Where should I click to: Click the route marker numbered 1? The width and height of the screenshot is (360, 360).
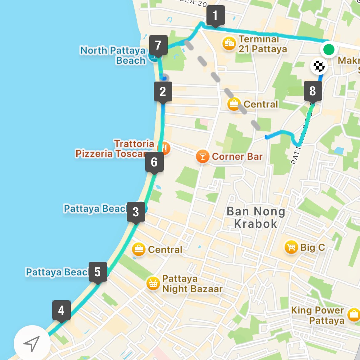tap(215, 15)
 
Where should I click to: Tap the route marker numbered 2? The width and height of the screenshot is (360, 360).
tap(163, 92)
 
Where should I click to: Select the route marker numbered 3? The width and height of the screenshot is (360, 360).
tap(136, 212)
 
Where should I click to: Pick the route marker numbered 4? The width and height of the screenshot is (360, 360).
tap(62, 310)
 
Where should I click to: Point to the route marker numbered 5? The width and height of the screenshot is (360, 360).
tap(98, 272)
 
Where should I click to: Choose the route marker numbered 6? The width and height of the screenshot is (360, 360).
tap(154, 162)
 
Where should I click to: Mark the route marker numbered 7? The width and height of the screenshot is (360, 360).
tap(158, 45)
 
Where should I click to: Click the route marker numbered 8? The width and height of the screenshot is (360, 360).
tap(313, 91)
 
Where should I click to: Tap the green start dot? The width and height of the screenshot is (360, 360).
tap(329, 49)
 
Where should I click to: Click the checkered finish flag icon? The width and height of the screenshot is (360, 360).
tap(319, 66)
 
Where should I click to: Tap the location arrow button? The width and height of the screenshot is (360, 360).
tap(32, 343)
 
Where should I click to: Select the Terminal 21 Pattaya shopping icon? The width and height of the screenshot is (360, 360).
tap(229, 43)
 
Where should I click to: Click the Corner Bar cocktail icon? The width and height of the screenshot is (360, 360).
tap(202, 157)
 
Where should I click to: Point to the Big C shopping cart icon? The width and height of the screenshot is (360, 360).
tap(291, 247)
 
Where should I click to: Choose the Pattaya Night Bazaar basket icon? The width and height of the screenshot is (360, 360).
tap(153, 283)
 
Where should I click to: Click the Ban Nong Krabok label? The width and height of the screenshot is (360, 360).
tap(256, 218)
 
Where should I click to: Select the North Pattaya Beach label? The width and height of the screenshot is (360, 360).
tap(113, 55)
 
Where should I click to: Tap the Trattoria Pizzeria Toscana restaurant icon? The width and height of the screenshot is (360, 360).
tap(164, 148)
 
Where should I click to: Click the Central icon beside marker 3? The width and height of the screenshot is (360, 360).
tap(139, 249)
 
